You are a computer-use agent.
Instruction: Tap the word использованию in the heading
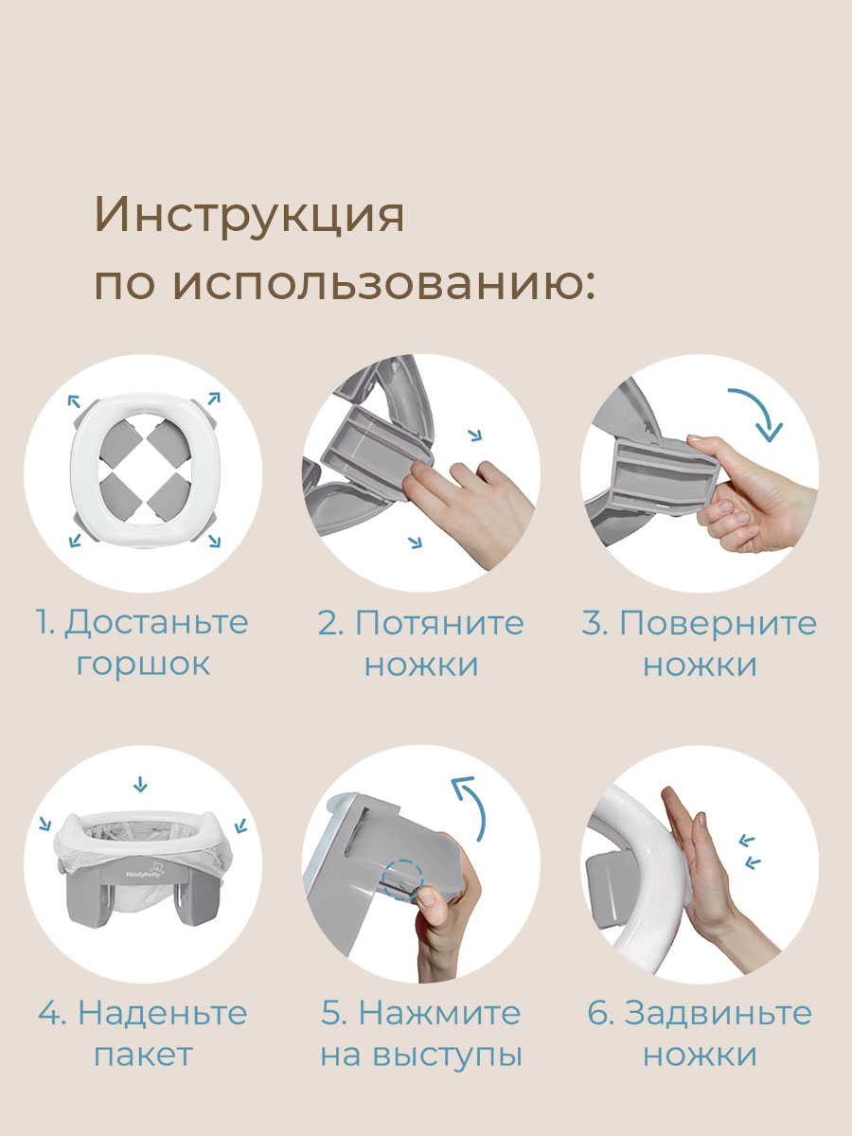[x=383, y=286]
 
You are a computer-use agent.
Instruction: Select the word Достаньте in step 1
[x=156, y=624]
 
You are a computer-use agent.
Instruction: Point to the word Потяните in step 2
[x=439, y=623]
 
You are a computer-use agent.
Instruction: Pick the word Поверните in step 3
[x=718, y=623]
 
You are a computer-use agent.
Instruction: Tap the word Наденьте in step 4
[x=163, y=1013]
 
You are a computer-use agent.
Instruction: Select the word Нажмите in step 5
[x=439, y=1013]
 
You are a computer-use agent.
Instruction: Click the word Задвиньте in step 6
[x=719, y=1013]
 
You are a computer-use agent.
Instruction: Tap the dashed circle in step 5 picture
[x=402, y=879]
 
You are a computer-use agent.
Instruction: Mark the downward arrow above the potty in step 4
[x=140, y=784]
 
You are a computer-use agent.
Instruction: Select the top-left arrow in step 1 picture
[x=74, y=401]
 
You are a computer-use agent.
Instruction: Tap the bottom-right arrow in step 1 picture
[x=214, y=541]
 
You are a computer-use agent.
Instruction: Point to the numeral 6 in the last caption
[x=600, y=1013]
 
